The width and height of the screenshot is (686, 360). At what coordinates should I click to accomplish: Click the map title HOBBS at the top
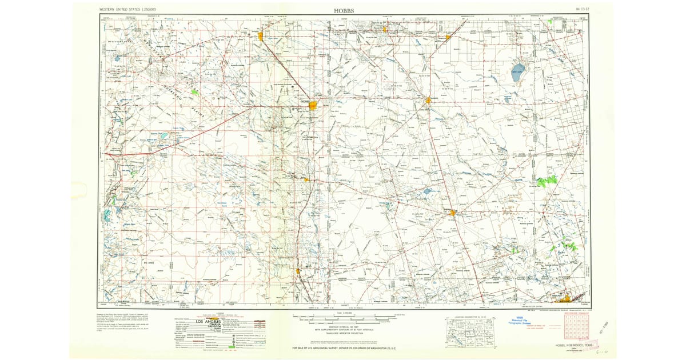[344, 10]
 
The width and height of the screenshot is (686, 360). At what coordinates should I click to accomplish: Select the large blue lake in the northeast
[518, 72]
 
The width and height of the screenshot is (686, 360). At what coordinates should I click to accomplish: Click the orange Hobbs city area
[313, 106]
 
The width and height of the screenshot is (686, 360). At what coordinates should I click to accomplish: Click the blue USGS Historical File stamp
[521, 321]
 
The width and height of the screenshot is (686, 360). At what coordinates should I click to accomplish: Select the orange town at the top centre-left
[261, 37]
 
